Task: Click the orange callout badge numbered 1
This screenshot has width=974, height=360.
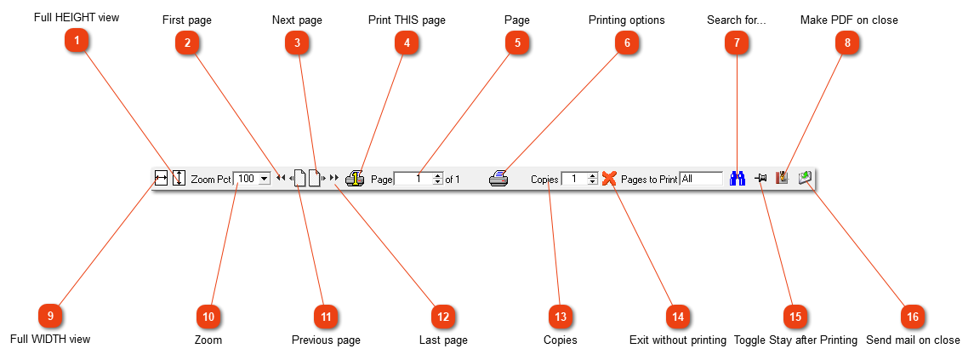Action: [x=77, y=42]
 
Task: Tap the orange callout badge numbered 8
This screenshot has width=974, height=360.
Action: [x=847, y=43]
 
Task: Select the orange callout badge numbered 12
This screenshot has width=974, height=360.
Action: [x=443, y=317]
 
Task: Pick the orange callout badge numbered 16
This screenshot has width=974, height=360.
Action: [x=913, y=317]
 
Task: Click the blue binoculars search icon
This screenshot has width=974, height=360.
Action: [x=738, y=179]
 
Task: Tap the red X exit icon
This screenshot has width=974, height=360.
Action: [x=609, y=179]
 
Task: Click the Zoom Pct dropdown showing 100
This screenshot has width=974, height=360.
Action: [x=252, y=179]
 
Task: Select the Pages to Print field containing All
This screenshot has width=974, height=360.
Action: [x=701, y=179]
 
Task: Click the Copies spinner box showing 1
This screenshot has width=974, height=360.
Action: [x=579, y=179]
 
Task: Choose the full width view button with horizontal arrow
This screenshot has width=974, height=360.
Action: [x=161, y=179]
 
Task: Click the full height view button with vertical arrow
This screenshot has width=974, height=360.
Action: [x=179, y=179]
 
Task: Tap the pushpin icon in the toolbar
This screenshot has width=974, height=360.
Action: [x=761, y=179]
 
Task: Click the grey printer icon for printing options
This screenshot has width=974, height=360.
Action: [x=498, y=179]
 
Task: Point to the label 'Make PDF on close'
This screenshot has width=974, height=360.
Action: [x=849, y=20]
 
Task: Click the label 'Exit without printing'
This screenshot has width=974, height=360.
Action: [x=678, y=340]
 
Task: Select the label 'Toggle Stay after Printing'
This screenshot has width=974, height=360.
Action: [x=795, y=340]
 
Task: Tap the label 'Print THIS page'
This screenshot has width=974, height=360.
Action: [x=407, y=20]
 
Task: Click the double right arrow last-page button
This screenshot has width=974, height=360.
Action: [x=334, y=178]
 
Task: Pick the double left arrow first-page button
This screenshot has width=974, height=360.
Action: [x=281, y=178]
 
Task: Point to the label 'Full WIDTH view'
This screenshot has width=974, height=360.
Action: [x=50, y=339]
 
